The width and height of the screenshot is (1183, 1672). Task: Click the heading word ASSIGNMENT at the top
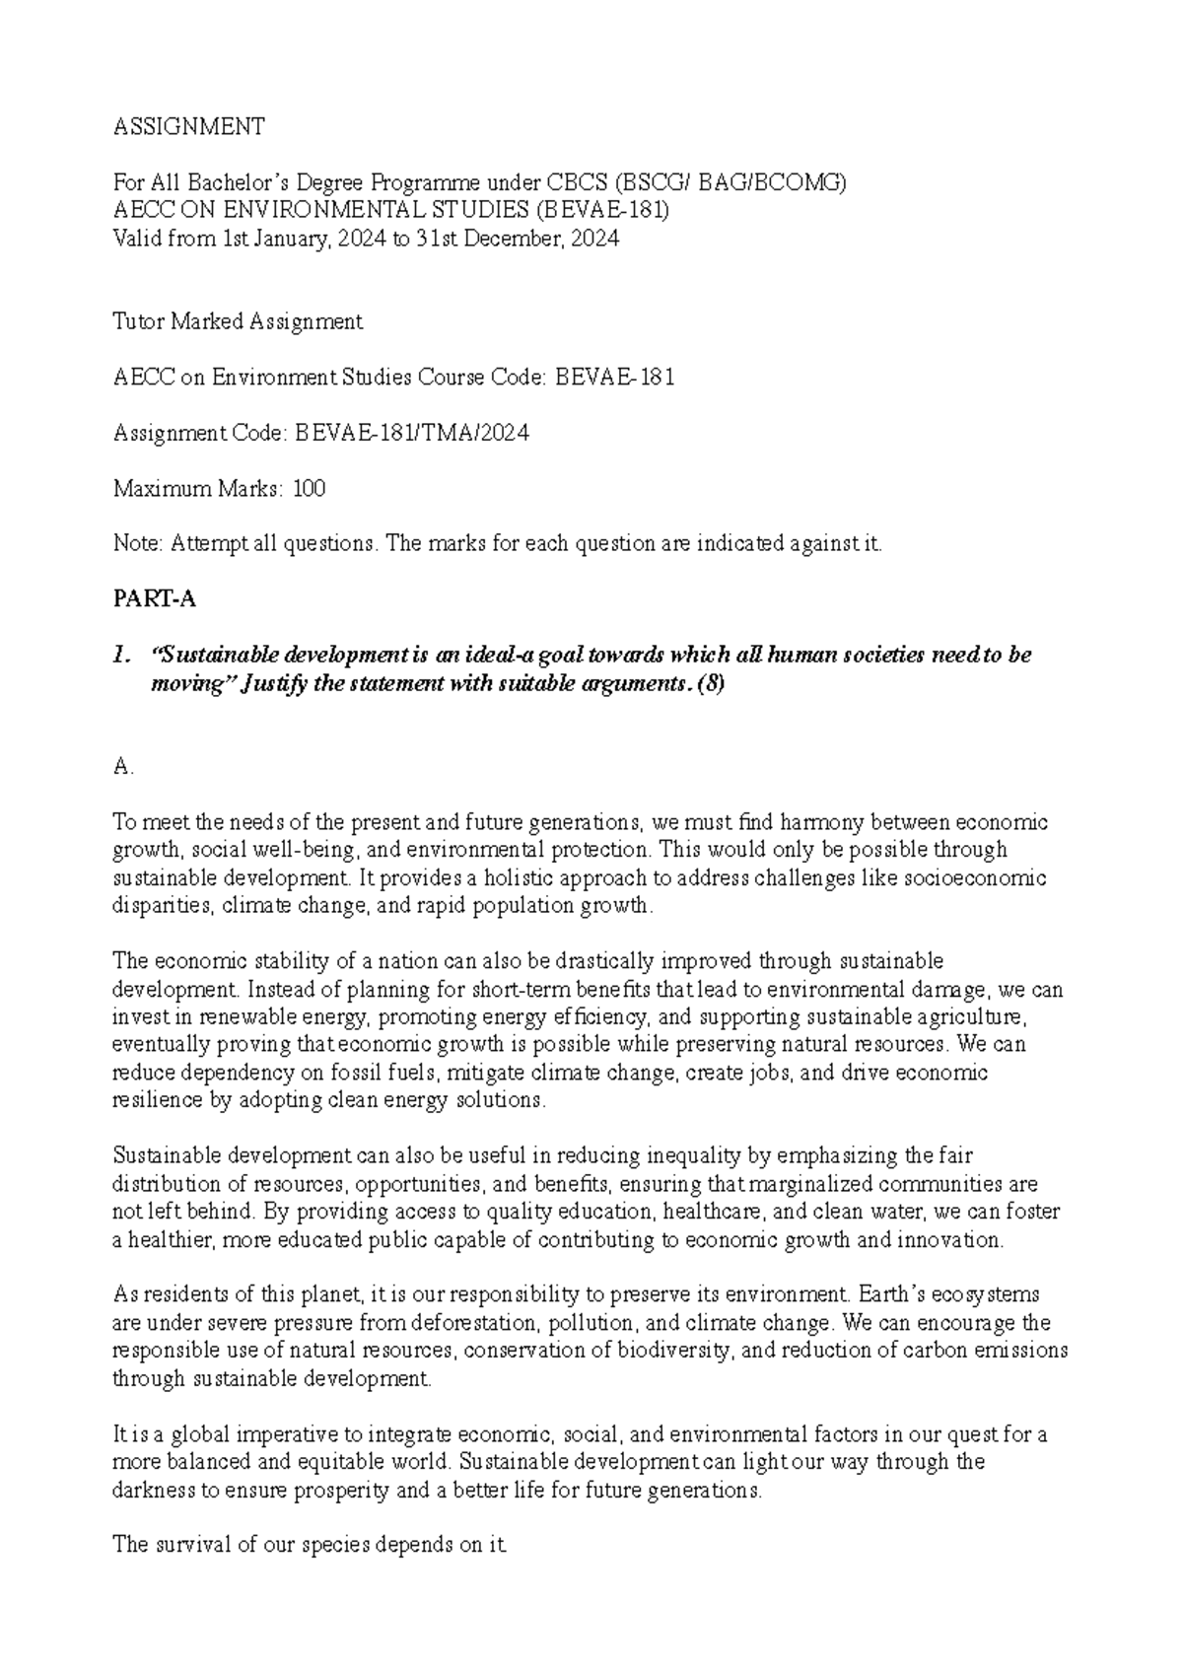point(189,126)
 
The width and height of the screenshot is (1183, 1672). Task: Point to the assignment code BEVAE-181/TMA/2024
point(413,433)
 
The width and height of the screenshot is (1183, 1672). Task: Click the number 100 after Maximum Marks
point(310,488)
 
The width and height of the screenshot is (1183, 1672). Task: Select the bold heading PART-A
point(149,599)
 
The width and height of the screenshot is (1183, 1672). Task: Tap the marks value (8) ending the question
point(710,684)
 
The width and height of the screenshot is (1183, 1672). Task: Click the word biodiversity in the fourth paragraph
point(673,1350)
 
